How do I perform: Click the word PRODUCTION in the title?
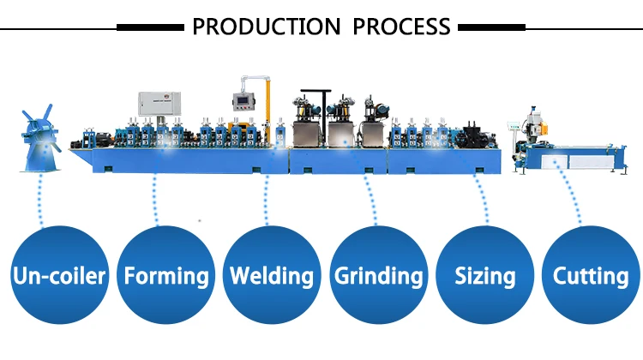tap(267, 27)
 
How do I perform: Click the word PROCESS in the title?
tap(401, 27)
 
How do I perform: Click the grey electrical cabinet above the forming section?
tap(160, 106)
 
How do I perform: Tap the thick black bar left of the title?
tap(151, 27)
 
